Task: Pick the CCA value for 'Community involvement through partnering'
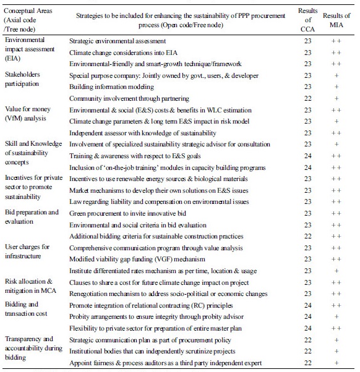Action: pos(307,98)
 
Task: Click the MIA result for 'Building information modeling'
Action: pos(336,87)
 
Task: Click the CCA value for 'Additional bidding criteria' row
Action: pos(307,235)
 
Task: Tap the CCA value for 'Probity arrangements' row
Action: pos(307,316)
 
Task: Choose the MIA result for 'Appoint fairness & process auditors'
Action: pos(336,362)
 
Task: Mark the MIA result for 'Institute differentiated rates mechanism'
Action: pos(336,270)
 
